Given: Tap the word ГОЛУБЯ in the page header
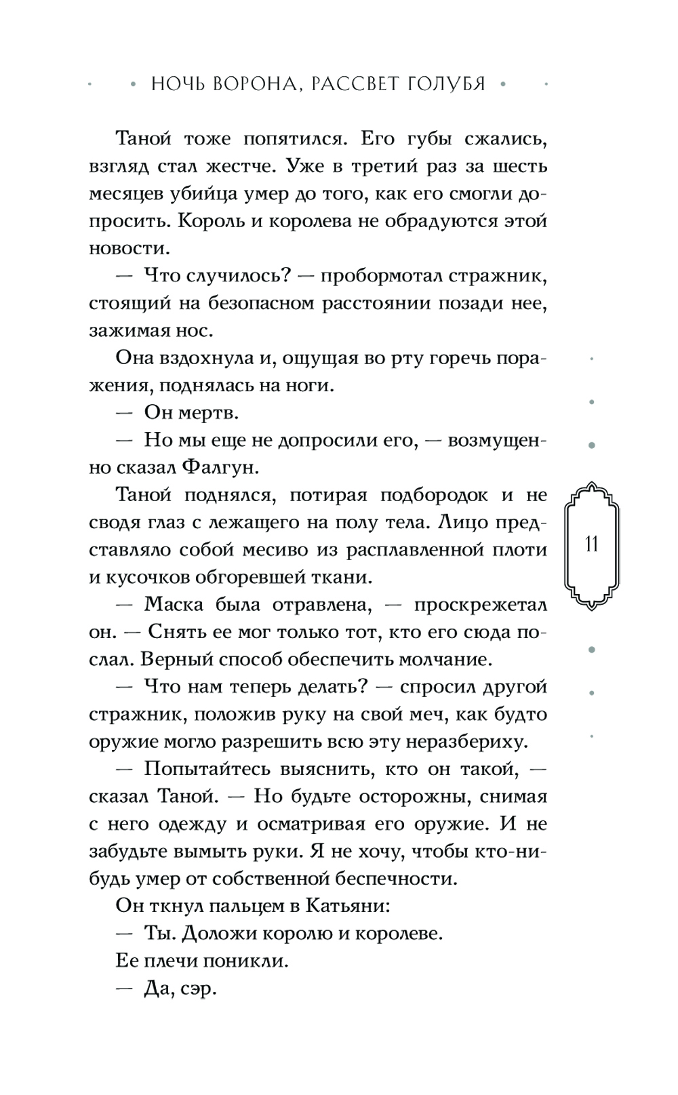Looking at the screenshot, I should [x=443, y=84].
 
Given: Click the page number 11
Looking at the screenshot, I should [x=591, y=544].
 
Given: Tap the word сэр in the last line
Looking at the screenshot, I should [x=199, y=989].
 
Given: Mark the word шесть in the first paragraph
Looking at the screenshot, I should [x=519, y=166].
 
